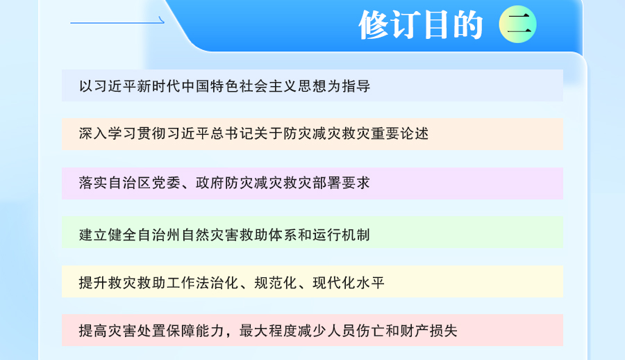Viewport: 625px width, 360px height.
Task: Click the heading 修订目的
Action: coord(421,25)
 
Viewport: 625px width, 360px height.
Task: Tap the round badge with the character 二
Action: coord(518,24)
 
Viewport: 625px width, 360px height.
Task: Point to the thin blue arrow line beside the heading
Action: coord(117,22)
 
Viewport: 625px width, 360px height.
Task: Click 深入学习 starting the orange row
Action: coord(108,133)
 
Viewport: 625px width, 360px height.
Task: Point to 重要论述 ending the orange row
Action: coord(400,133)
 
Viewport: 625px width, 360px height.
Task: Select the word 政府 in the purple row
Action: coord(210,183)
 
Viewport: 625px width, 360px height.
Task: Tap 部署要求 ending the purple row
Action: coord(342,183)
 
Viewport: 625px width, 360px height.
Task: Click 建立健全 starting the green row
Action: coord(108,235)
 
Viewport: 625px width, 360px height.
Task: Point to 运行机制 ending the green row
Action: coord(342,235)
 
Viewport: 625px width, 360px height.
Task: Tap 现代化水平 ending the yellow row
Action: coord(349,283)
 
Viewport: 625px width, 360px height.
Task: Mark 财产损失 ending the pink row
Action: coord(428,331)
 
